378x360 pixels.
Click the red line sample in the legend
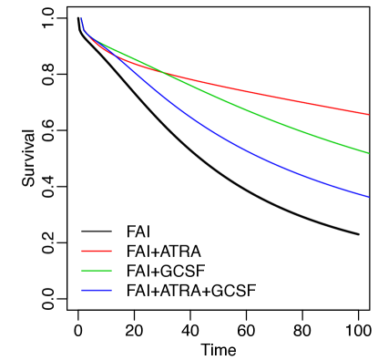click(97, 251)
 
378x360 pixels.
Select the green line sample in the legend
click(97, 271)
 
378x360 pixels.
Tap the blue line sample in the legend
click(97, 290)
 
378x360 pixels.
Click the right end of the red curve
click(368, 115)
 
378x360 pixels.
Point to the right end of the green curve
click(368, 153)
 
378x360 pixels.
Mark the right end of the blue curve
click(368, 196)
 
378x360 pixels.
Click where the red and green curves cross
click(164, 71)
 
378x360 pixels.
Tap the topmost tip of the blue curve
click(81, 18)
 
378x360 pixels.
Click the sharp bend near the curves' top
click(85, 33)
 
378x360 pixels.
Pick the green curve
click(273, 118)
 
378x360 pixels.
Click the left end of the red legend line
click(82, 251)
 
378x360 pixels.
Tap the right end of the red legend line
click(111, 251)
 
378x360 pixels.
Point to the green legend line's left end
click(82, 271)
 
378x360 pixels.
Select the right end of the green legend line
click(111, 271)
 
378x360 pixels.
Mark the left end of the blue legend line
click(82, 290)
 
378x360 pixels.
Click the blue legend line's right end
click(111, 290)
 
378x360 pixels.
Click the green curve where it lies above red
click(128, 56)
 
